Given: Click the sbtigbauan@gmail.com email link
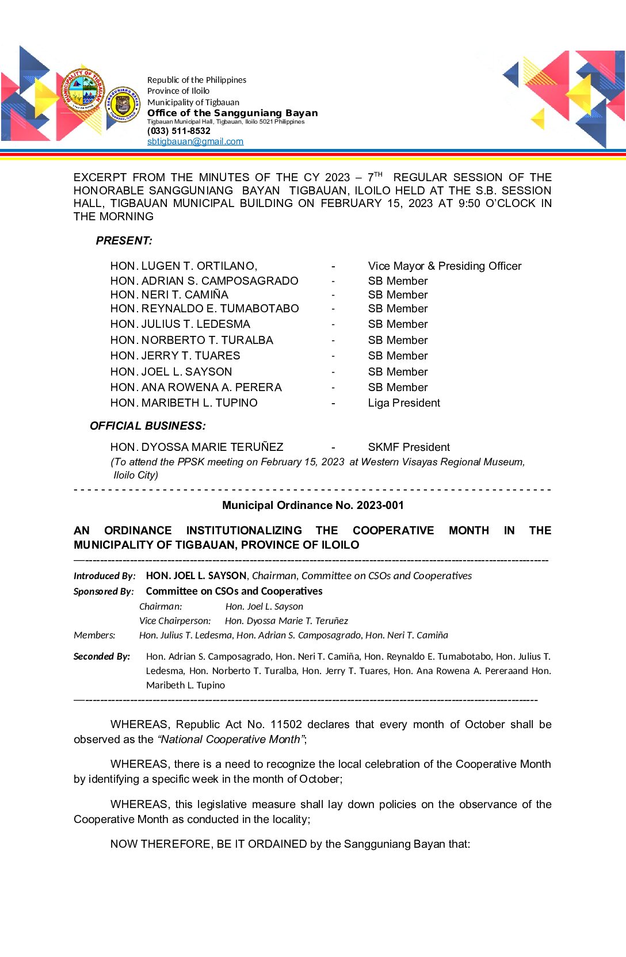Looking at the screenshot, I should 195,141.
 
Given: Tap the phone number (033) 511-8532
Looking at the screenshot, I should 179,131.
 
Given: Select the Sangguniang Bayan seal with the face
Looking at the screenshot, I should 123,105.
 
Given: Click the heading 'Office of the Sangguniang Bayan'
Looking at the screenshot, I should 232,113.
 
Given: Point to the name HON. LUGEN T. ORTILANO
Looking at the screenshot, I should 184,266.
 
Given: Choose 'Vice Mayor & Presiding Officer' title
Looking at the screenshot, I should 445,266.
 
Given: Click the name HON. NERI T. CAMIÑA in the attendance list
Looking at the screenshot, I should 169,294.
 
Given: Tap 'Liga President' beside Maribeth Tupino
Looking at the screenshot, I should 404,403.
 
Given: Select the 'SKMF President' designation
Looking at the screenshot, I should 409,447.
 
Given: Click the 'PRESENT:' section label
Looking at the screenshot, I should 124,241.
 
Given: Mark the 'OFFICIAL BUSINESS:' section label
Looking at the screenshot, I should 148,426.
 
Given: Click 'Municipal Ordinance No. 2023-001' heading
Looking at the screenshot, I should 313,505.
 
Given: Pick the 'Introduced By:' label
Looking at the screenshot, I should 105,576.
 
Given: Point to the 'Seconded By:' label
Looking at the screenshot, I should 102,656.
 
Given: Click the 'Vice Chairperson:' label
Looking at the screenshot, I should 175,621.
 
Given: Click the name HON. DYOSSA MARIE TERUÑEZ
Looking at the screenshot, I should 197,447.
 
